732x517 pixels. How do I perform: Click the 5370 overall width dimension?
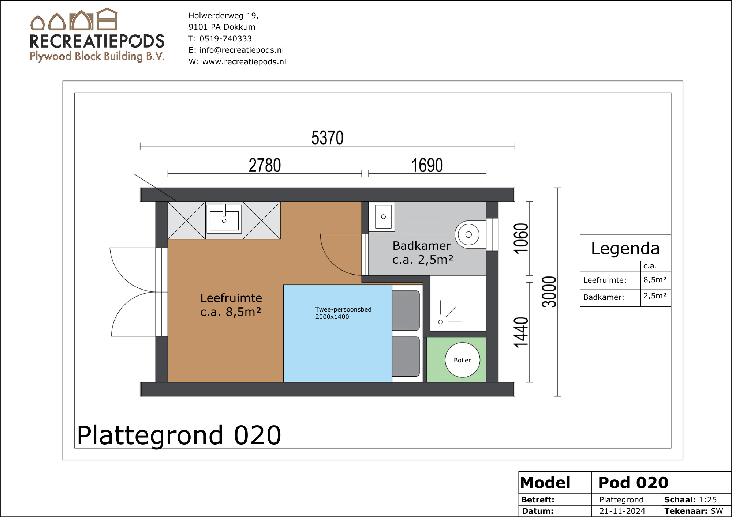coord(327,138)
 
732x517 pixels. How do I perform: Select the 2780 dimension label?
coord(265,165)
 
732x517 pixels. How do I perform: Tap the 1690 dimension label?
coord(427,165)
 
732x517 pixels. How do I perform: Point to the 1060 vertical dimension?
coord(521,238)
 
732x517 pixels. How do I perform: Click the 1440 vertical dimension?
coord(521,332)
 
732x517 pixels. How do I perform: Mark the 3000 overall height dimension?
coord(549,292)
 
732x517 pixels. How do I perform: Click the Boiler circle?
coord(463,360)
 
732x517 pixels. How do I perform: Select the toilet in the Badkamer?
coord(470,235)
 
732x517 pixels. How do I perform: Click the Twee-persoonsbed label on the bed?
coord(343,309)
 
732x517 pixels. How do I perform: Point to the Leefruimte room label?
coord(231,298)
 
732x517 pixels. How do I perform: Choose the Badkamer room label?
coord(422,246)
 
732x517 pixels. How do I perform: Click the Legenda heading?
coord(625,249)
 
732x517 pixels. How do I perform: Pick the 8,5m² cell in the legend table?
coord(655,280)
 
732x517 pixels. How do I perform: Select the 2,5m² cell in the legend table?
coord(655,296)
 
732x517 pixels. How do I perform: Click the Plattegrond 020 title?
coord(179,435)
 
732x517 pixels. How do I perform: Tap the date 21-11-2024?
coord(622,511)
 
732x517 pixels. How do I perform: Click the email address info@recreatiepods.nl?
coord(242,50)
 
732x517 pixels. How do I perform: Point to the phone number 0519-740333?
coord(225,38)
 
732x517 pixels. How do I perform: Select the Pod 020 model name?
coord(633,483)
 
